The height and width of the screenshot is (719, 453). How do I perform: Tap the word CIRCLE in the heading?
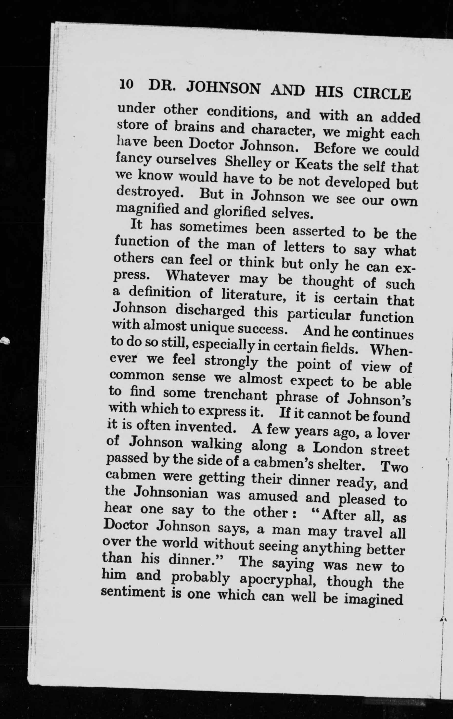(x=382, y=94)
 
